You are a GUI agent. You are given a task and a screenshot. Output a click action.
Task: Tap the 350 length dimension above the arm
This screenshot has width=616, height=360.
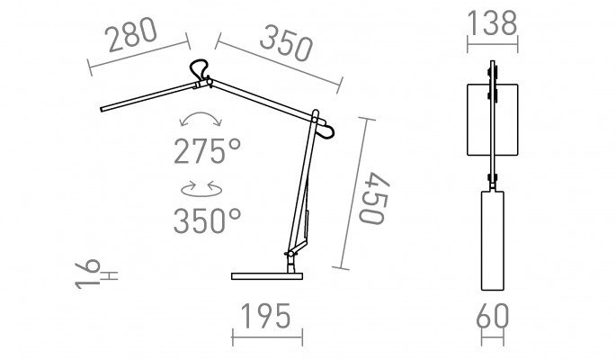[x=286, y=43]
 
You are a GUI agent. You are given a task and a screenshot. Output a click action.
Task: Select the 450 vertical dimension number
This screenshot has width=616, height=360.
[x=373, y=198]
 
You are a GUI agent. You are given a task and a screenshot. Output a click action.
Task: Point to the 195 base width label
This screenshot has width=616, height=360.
[x=266, y=317]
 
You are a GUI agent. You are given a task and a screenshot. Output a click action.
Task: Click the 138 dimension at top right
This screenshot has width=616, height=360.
[x=492, y=23]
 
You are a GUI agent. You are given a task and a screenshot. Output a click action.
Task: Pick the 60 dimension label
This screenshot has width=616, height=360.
[x=493, y=317]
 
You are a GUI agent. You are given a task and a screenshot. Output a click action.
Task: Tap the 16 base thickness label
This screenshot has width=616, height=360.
[x=88, y=274]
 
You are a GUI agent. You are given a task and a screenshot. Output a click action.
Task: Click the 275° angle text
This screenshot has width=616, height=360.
[x=207, y=151]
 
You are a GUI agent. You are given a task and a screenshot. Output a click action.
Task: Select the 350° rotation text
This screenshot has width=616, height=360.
[x=207, y=220]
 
